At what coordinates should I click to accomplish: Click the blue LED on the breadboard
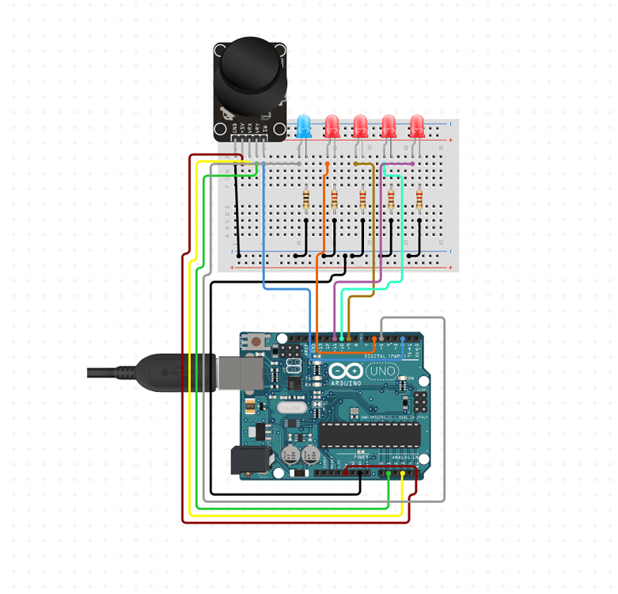tap(304, 124)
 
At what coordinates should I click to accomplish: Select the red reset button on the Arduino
tap(258, 342)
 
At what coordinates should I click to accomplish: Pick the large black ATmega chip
tap(369, 435)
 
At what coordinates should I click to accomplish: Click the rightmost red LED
tap(417, 125)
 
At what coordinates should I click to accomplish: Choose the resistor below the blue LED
tap(306, 198)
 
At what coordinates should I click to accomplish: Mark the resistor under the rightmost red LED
tap(419, 198)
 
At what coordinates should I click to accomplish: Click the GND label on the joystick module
tap(235, 126)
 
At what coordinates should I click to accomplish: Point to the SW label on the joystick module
tap(266, 127)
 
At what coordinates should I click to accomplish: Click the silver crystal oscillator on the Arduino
tap(289, 407)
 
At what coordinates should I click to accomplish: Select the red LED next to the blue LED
tap(332, 124)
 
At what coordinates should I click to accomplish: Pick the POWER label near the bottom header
tap(360, 458)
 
